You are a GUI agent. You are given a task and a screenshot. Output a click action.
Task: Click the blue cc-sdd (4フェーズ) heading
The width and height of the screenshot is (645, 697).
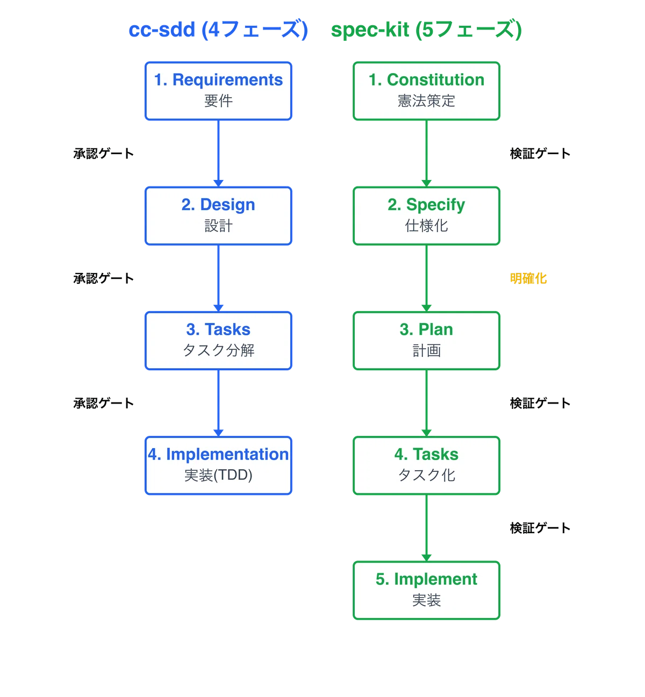pyautogui.click(x=218, y=30)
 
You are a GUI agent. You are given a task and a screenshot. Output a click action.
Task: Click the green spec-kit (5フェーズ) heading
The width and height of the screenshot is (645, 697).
pyautogui.click(x=426, y=30)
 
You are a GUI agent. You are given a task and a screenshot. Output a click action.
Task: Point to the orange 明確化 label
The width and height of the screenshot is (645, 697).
pyautogui.click(x=528, y=278)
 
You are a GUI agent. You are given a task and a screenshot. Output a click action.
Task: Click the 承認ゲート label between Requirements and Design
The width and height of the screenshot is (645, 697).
pyautogui.click(x=104, y=153)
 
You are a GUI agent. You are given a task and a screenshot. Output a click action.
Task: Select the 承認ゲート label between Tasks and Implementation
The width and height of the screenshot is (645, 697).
pyautogui.click(x=104, y=403)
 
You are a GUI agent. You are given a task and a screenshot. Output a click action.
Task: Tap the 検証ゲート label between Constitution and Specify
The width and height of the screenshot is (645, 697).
pyautogui.click(x=540, y=153)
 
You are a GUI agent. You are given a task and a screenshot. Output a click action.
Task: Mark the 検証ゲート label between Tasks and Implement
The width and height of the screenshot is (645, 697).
pyautogui.click(x=540, y=528)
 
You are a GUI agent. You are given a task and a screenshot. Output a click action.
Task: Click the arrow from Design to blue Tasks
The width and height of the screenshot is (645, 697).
pyautogui.click(x=218, y=278)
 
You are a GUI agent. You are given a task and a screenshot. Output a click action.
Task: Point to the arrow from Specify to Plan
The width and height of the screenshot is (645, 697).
pyautogui.click(x=426, y=278)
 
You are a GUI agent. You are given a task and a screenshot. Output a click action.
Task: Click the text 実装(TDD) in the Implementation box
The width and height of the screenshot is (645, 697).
pyautogui.click(x=218, y=475)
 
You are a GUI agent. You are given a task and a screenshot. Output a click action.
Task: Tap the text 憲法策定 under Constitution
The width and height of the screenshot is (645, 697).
pyautogui.click(x=426, y=100)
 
